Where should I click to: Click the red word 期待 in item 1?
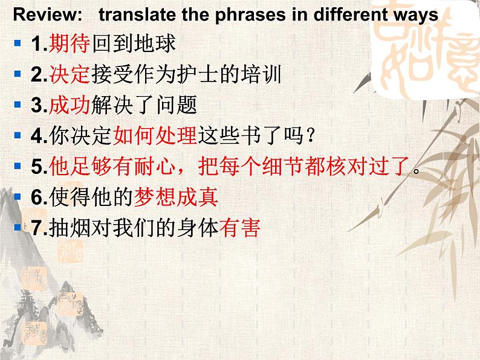coord(70,43)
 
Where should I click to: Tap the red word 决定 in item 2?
coord(70,74)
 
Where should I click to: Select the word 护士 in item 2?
coord(198,74)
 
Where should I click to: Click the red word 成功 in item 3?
coord(70,105)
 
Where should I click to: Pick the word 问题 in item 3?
coord(177,105)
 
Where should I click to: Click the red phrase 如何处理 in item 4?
coord(155,135)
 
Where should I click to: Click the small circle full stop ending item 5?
coord(416,171)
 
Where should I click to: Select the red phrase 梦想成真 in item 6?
coord(177,197)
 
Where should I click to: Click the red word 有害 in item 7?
coord(240,228)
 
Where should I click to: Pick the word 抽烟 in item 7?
coord(70,228)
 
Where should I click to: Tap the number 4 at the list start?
coord(36,136)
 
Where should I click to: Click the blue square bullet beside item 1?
coord(18,42)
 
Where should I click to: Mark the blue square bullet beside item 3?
coord(18,104)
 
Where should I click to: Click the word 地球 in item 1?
coord(155,43)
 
